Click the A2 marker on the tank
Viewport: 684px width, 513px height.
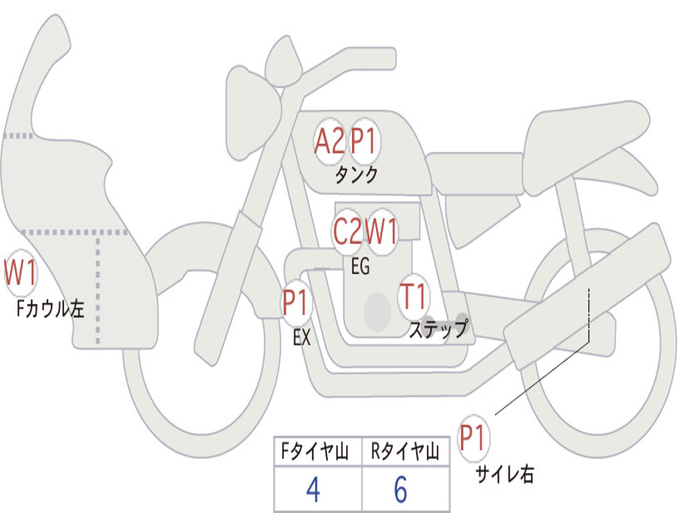(330, 142)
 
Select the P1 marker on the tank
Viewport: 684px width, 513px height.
(365, 142)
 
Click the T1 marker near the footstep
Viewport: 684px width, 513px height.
(413, 295)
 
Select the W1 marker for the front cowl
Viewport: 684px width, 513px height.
(20, 273)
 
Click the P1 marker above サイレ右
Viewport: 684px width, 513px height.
(474, 439)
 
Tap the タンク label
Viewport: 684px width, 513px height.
(356, 175)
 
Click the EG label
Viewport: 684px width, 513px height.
(360, 267)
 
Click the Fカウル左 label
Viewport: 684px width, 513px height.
(51, 309)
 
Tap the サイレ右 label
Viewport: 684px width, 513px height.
(504, 475)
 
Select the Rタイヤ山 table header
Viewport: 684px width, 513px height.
(405, 453)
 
